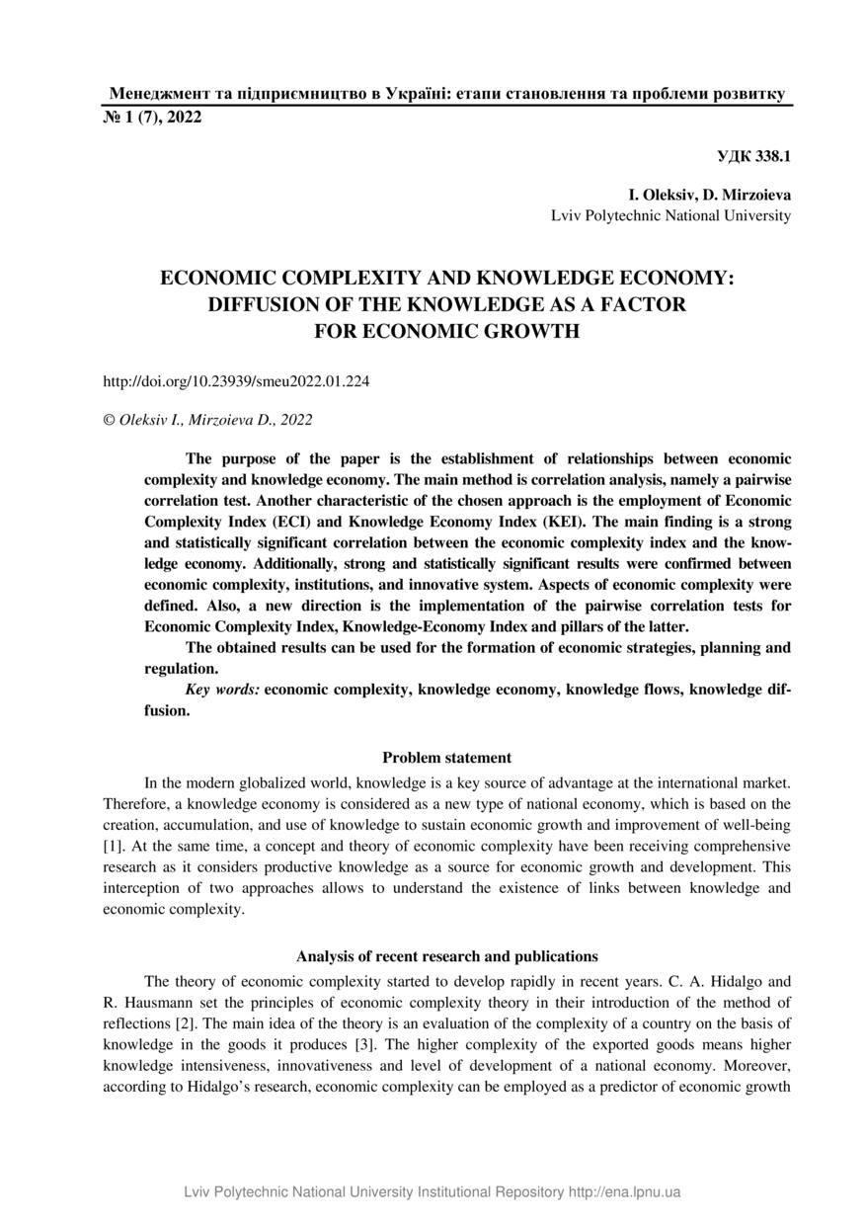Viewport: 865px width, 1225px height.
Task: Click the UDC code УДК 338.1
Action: [x=752, y=156]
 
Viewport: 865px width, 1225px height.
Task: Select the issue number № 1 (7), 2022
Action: [x=153, y=118]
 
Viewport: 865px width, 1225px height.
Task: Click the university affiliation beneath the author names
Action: [x=670, y=214]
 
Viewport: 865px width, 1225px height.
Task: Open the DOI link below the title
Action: [x=236, y=380]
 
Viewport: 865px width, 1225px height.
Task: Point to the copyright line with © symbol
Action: [x=207, y=420]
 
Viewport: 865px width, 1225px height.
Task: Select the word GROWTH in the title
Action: [x=528, y=331]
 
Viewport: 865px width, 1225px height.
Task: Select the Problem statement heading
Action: [x=446, y=758]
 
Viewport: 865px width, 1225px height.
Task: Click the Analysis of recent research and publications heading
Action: [x=446, y=956]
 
